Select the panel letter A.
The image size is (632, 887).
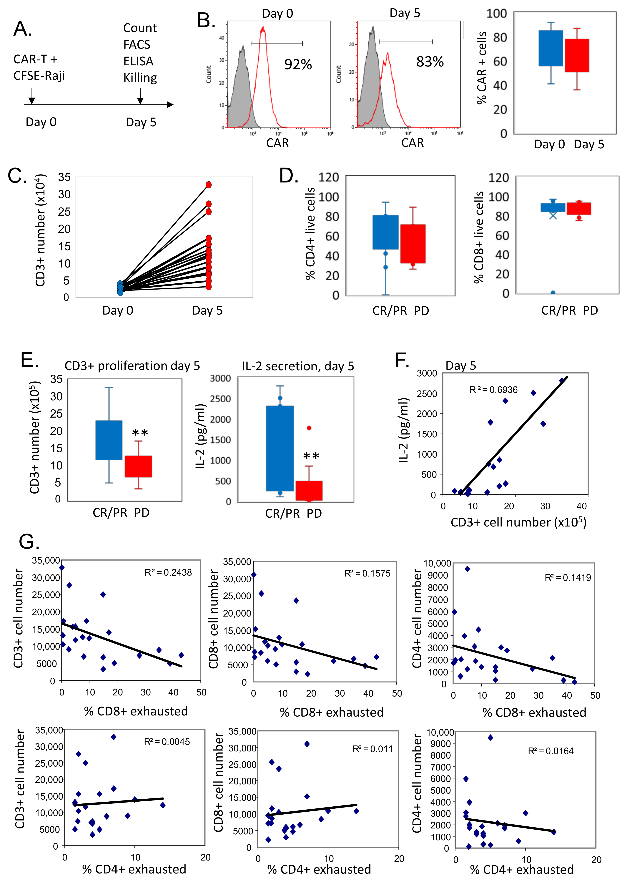(x=23, y=29)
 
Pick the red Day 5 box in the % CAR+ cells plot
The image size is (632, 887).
(x=577, y=55)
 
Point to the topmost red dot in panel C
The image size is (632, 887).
(x=209, y=185)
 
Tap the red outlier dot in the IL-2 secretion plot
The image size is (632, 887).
(x=309, y=428)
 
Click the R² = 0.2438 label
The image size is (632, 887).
(x=168, y=572)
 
